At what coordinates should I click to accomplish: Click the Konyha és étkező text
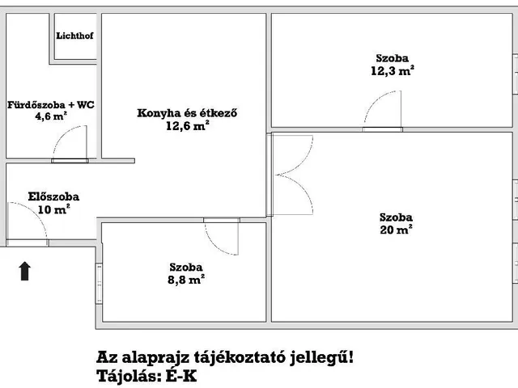[x=186, y=113]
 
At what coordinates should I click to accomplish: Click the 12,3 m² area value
[x=392, y=71]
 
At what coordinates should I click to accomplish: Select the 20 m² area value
[x=397, y=230]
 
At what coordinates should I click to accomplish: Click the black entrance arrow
[x=24, y=270]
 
